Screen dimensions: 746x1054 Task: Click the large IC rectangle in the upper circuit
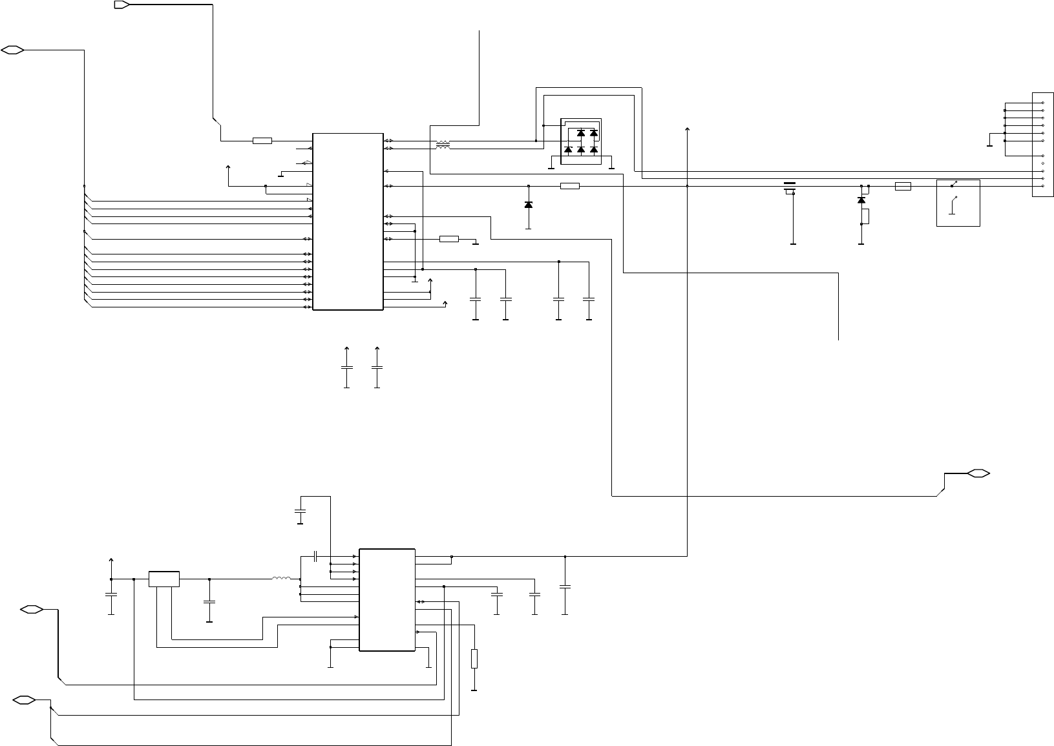(348, 222)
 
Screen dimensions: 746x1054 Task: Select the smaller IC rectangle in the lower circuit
(386, 600)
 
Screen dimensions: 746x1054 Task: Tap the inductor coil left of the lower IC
(281, 578)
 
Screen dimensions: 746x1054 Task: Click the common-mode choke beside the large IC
(443, 145)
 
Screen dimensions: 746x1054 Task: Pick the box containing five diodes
(581, 141)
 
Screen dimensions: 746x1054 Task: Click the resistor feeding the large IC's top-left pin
(262, 140)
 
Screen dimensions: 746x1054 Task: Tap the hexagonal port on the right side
(978, 473)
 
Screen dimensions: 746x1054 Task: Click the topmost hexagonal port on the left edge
(13, 50)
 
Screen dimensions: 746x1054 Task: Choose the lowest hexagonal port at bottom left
(24, 700)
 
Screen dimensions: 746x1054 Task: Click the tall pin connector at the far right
(1042, 145)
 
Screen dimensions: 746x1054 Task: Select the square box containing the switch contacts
(958, 203)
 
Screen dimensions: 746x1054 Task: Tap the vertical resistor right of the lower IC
(474, 658)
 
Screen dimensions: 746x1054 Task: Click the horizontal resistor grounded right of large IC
(448, 239)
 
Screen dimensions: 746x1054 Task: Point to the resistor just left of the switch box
(903, 186)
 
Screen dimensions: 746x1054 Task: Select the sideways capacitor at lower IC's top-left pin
(315, 555)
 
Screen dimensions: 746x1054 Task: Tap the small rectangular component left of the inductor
(164, 579)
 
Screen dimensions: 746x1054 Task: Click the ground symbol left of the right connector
(989, 145)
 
